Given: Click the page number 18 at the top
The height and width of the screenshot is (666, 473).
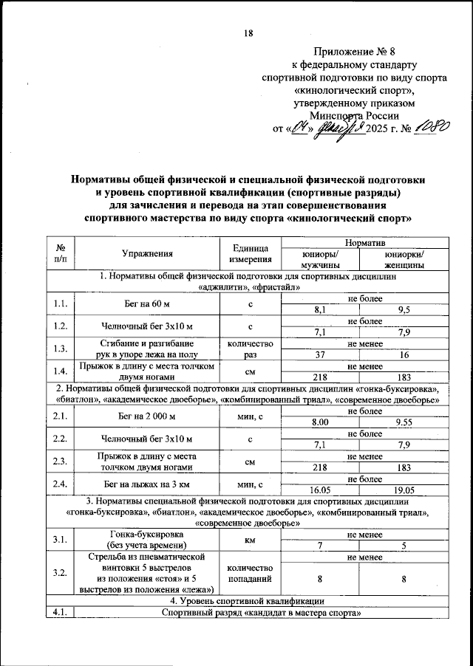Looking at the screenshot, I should [x=248, y=33].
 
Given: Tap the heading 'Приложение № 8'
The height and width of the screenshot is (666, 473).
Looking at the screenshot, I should [x=354, y=52].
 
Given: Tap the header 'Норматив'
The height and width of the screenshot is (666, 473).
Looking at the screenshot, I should [x=358, y=241].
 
